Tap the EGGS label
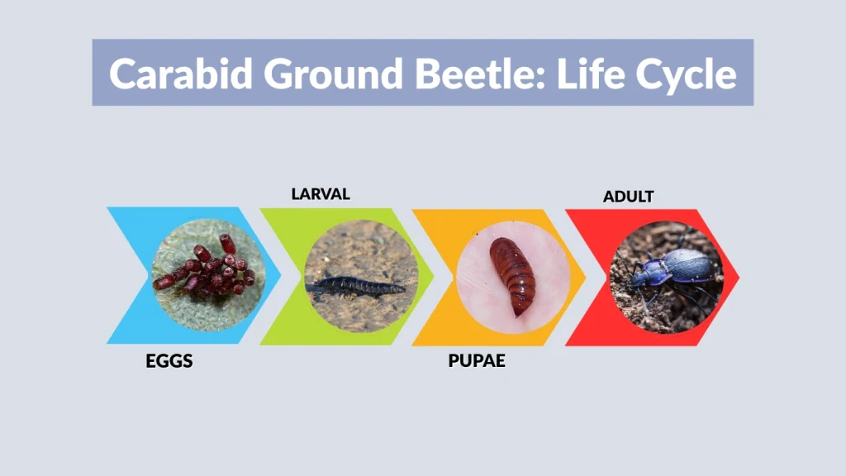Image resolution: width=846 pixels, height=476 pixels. coord(169,362)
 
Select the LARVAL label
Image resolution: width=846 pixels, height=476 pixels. coord(321,194)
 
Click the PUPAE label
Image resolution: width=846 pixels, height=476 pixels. coord(477,362)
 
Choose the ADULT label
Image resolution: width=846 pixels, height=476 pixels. coord(628,196)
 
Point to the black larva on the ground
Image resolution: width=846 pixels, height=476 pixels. coord(355,287)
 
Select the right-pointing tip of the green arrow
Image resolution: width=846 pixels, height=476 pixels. coord(434,276)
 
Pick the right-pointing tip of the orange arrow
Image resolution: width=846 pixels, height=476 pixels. coord(587,276)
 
